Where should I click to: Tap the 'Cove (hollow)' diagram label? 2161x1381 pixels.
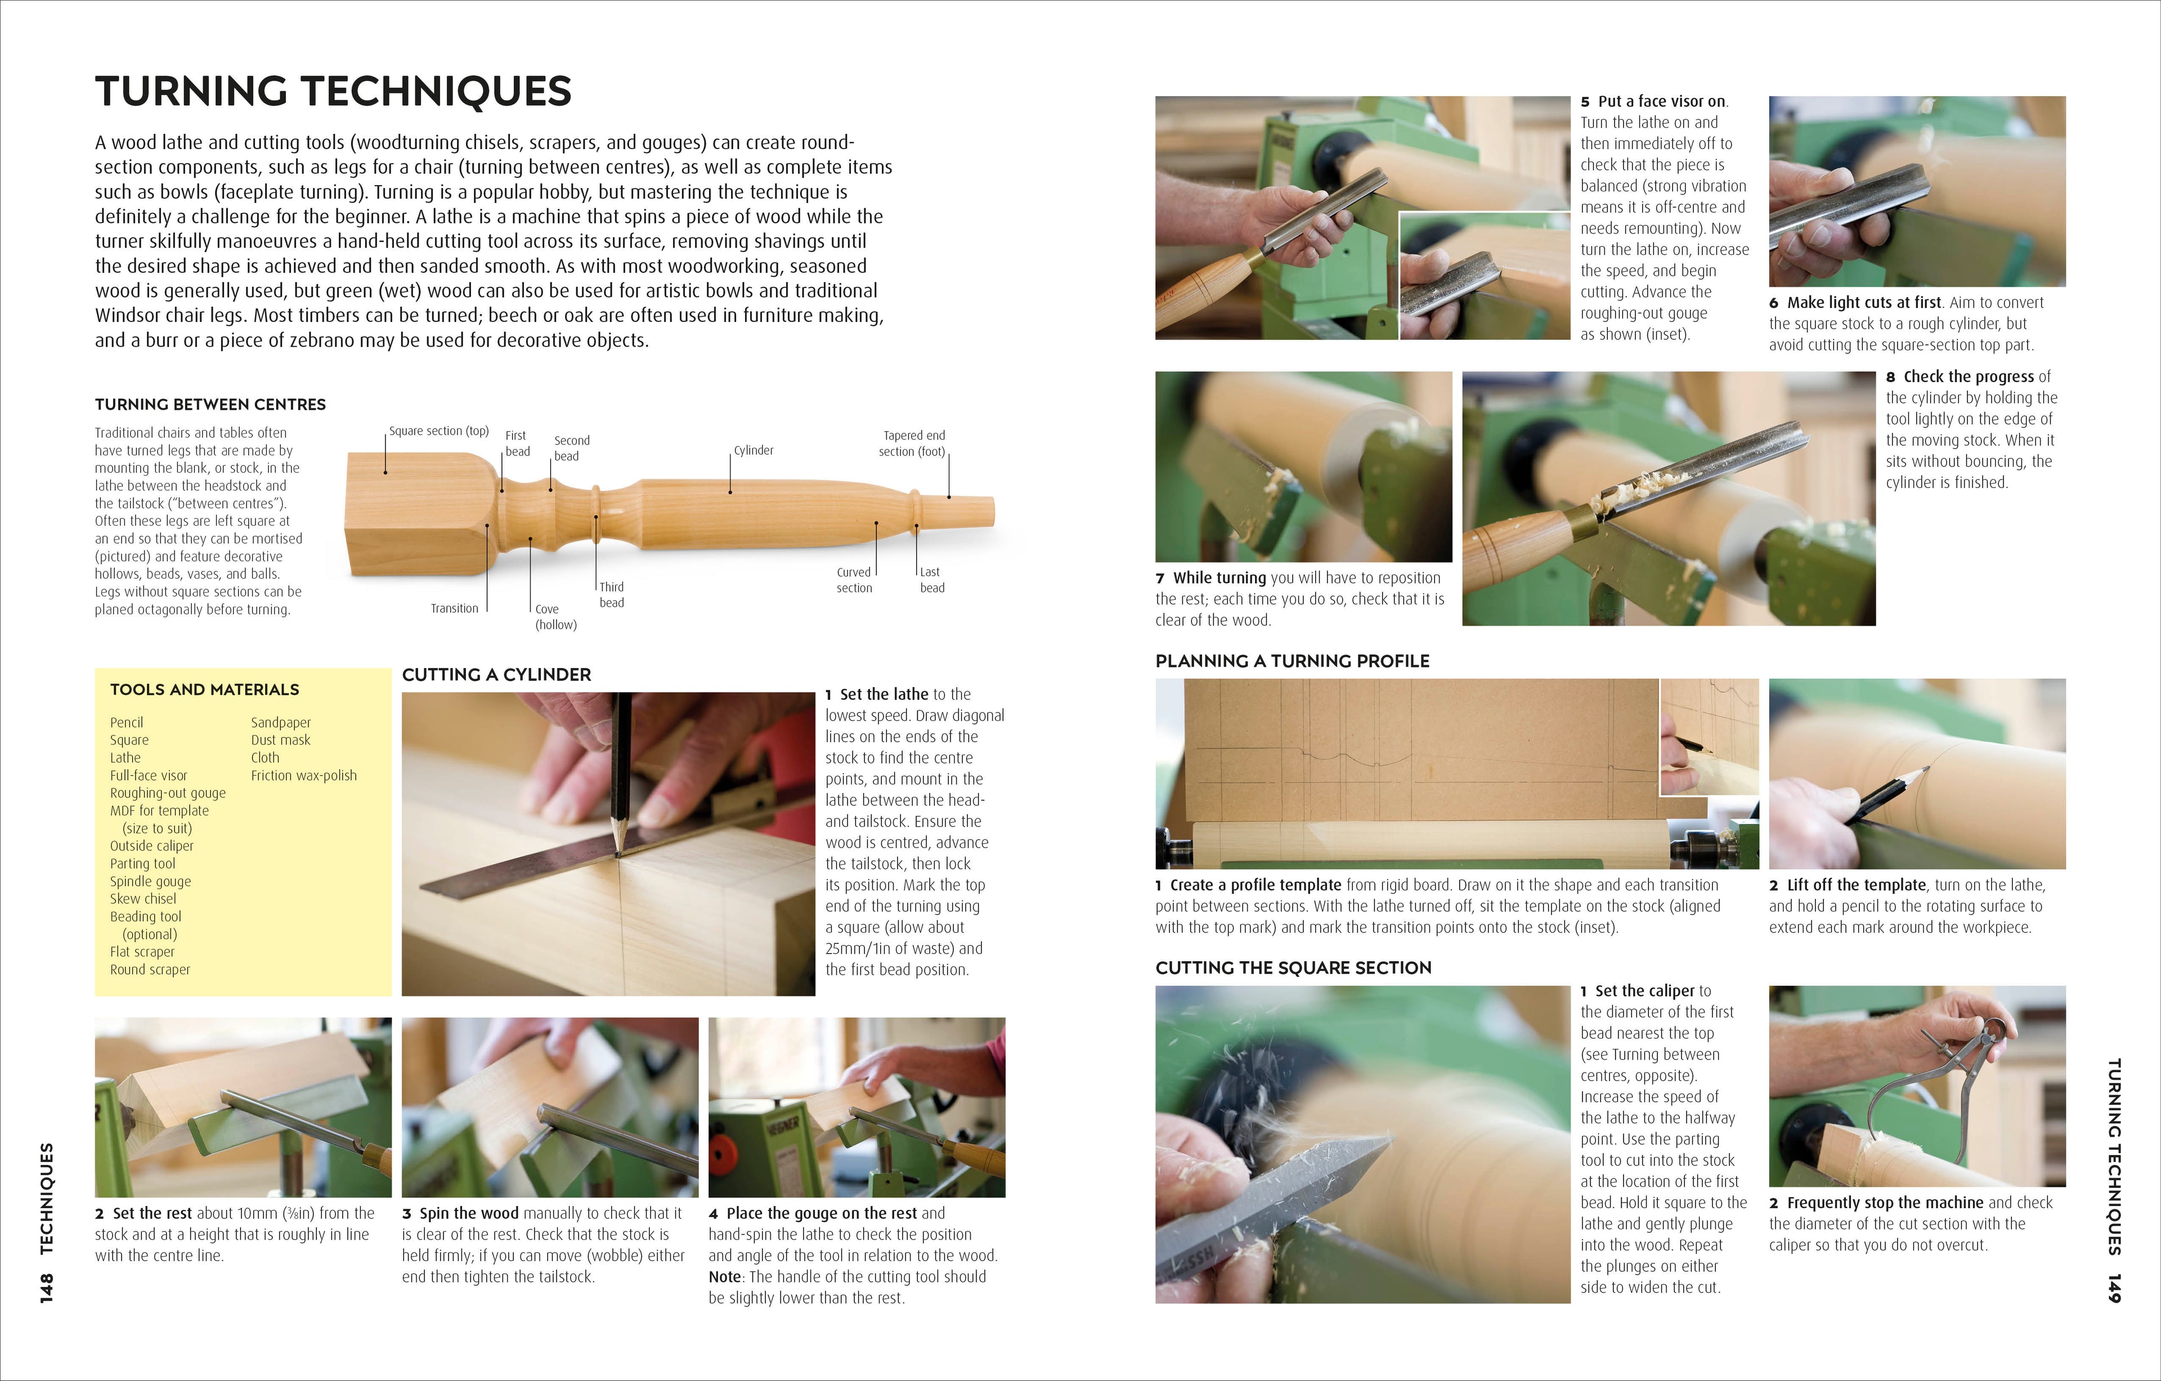[555, 616]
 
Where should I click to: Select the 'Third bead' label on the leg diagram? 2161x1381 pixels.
[612, 594]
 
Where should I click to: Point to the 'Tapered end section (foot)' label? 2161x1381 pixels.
[913, 443]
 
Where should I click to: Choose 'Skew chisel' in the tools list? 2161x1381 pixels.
[143, 898]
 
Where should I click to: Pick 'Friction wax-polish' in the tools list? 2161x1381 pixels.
[303, 775]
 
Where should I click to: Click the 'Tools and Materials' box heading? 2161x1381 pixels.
[205, 689]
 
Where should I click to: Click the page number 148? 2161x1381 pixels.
[47, 1288]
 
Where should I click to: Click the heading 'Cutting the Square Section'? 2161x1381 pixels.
[1293, 967]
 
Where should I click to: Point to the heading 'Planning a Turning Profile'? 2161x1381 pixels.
[1292, 661]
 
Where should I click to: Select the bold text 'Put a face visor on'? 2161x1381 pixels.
[1661, 101]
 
